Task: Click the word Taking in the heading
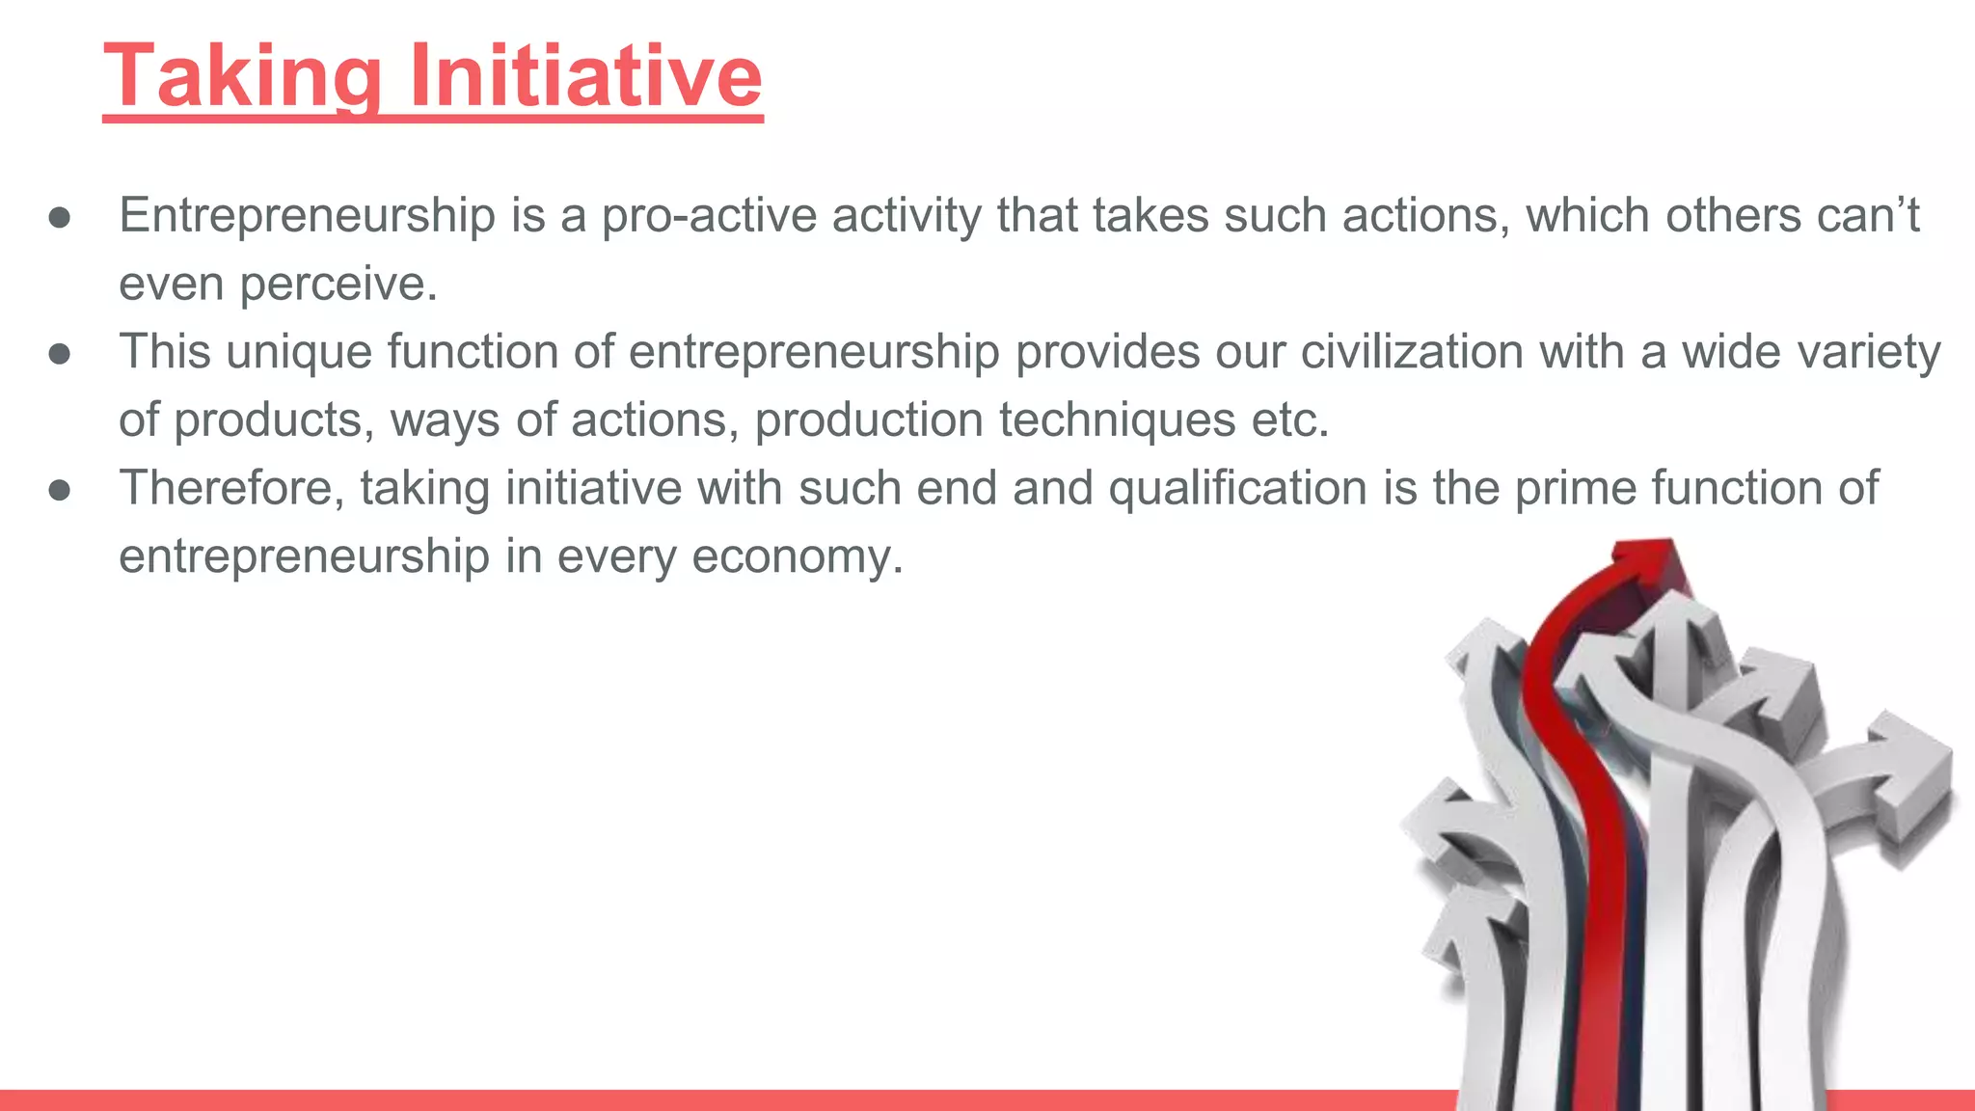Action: click(242, 76)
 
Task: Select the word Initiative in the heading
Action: click(586, 76)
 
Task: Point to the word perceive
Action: click(338, 284)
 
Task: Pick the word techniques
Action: click(1117, 420)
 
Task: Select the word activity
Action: click(906, 215)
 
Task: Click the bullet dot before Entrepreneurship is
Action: click(60, 218)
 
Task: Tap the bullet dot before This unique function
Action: click(60, 354)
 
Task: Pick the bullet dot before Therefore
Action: click(60, 491)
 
